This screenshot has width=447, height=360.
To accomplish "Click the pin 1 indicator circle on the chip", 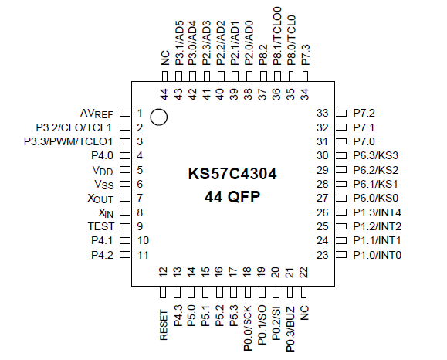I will [x=159, y=117].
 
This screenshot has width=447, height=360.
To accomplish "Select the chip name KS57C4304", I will [x=232, y=175].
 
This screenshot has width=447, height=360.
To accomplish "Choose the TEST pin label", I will [x=101, y=226].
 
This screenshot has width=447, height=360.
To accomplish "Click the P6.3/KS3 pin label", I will [x=375, y=155].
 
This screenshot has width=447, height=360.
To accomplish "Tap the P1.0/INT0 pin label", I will [x=377, y=255].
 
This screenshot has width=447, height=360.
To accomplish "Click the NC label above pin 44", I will [x=164, y=58].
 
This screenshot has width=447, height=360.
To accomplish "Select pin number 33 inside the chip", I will [x=323, y=113].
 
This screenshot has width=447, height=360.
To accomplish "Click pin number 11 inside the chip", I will [x=142, y=255].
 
